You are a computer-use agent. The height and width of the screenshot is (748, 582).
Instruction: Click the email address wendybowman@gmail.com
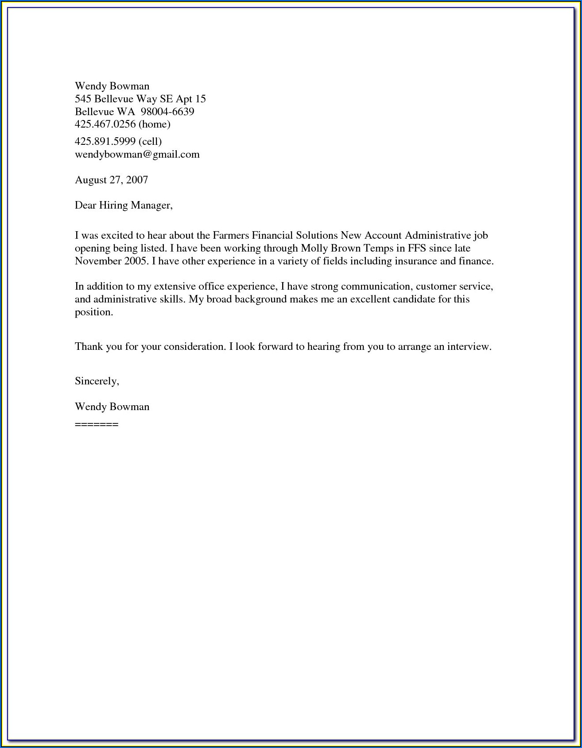[x=137, y=155]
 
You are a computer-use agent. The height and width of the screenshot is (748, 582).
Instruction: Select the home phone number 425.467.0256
[x=105, y=124]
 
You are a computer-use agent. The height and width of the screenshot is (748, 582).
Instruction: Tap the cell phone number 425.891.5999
[x=105, y=142]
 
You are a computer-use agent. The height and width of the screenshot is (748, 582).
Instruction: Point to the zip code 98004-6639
[x=167, y=112]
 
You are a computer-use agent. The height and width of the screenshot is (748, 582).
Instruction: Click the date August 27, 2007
[x=111, y=180]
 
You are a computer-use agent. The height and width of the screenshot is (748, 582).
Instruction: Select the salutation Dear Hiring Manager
[x=123, y=205]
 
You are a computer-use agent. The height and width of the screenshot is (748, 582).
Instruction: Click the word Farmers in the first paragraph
[x=230, y=235]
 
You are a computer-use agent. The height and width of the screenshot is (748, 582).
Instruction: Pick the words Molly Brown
[x=331, y=248]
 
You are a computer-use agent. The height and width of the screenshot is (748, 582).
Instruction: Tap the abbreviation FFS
[x=417, y=248]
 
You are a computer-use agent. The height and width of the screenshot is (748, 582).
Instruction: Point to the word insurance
[x=415, y=261]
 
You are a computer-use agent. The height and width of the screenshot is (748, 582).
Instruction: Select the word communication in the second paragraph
[x=376, y=287]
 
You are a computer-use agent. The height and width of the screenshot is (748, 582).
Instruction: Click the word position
[x=94, y=312]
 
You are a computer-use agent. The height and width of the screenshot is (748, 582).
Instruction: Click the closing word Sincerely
[x=97, y=381]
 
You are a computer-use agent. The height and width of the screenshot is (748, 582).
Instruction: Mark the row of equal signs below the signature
[x=97, y=424]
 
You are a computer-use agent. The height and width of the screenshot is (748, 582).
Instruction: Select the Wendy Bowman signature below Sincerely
[x=112, y=407]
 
